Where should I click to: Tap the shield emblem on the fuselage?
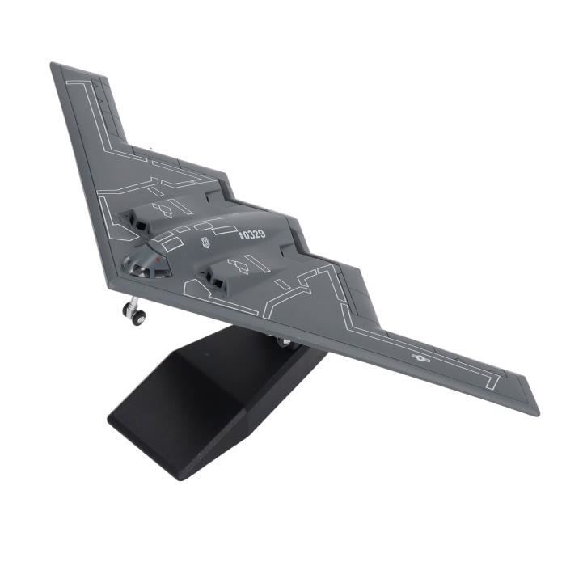[x=207, y=243]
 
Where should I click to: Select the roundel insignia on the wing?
[x=420, y=358]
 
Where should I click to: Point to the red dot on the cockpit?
[x=157, y=260]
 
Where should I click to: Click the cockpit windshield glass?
[x=146, y=265]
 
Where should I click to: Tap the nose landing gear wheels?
[x=135, y=315]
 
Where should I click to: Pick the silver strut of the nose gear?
[x=133, y=302]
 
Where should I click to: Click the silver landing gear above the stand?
[x=284, y=341]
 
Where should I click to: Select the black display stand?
[x=217, y=401]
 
